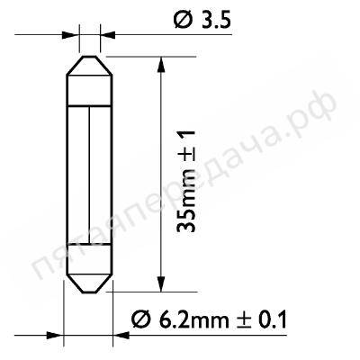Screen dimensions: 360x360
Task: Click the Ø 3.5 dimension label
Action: pos(202,21)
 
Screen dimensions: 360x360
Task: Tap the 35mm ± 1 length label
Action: pos(185,182)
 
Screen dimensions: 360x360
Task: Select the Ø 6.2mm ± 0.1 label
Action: pos(209,319)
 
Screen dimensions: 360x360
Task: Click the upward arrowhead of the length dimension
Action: pos(161,64)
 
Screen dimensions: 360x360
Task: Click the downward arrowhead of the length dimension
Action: pos(161,283)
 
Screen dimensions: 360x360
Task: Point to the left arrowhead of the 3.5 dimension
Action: pos(69,35)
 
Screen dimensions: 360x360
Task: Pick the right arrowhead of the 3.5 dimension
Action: pos(108,35)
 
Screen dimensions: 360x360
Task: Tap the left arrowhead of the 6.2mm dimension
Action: pos(55,335)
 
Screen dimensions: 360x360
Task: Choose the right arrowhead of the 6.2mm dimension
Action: pos(121,335)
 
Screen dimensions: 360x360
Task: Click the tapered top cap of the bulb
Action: pos(89,65)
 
